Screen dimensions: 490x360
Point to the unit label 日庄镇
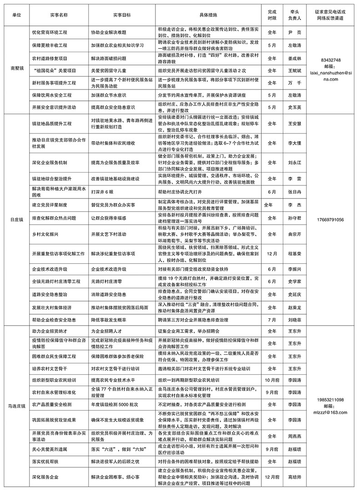(x=15, y=219)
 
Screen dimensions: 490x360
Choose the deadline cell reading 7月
(x=272, y=320)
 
